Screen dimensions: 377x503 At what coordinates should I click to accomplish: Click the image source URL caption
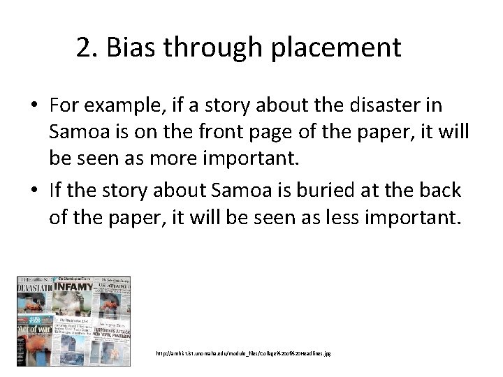coord(244,353)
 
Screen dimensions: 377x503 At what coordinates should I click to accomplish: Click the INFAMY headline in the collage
coord(76,286)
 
